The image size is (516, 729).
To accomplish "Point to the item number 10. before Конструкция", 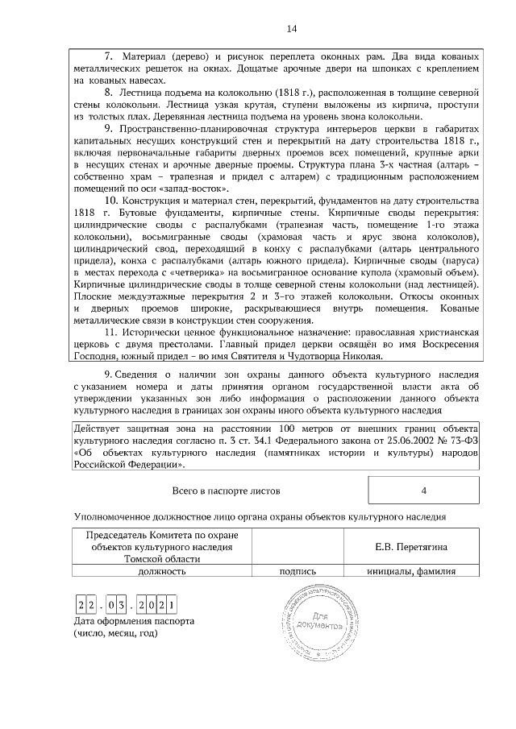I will point(113,200).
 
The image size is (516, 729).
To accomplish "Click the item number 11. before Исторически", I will point(113,332).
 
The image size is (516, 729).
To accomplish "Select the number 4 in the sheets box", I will point(423,490).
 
